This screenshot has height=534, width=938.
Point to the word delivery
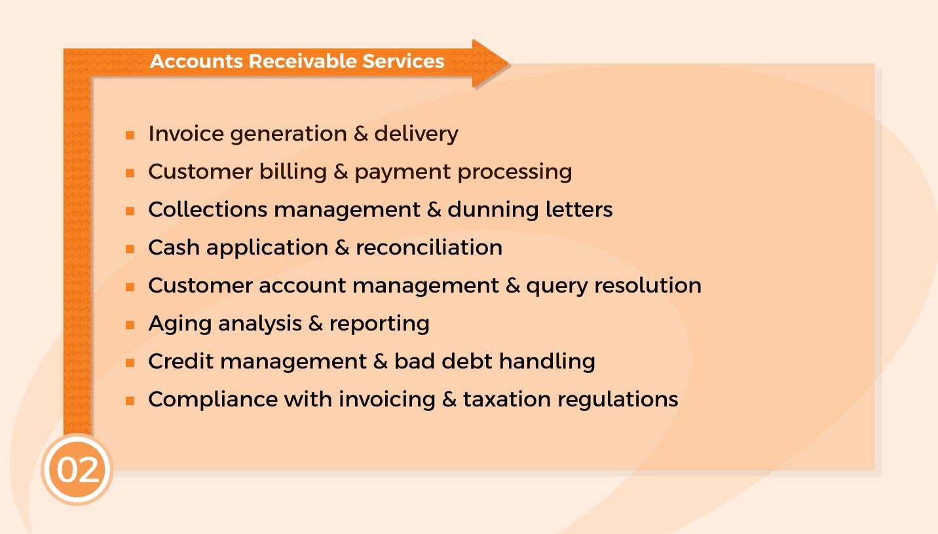click(x=416, y=133)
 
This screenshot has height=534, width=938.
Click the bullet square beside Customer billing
click(x=130, y=173)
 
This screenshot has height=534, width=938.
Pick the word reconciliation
click(x=429, y=248)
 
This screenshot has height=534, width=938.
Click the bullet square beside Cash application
click(x=130, y=249)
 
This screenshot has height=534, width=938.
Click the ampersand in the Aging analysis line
click(x=315, y=324)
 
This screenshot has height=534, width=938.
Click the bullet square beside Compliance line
click(x=130, y=400)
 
